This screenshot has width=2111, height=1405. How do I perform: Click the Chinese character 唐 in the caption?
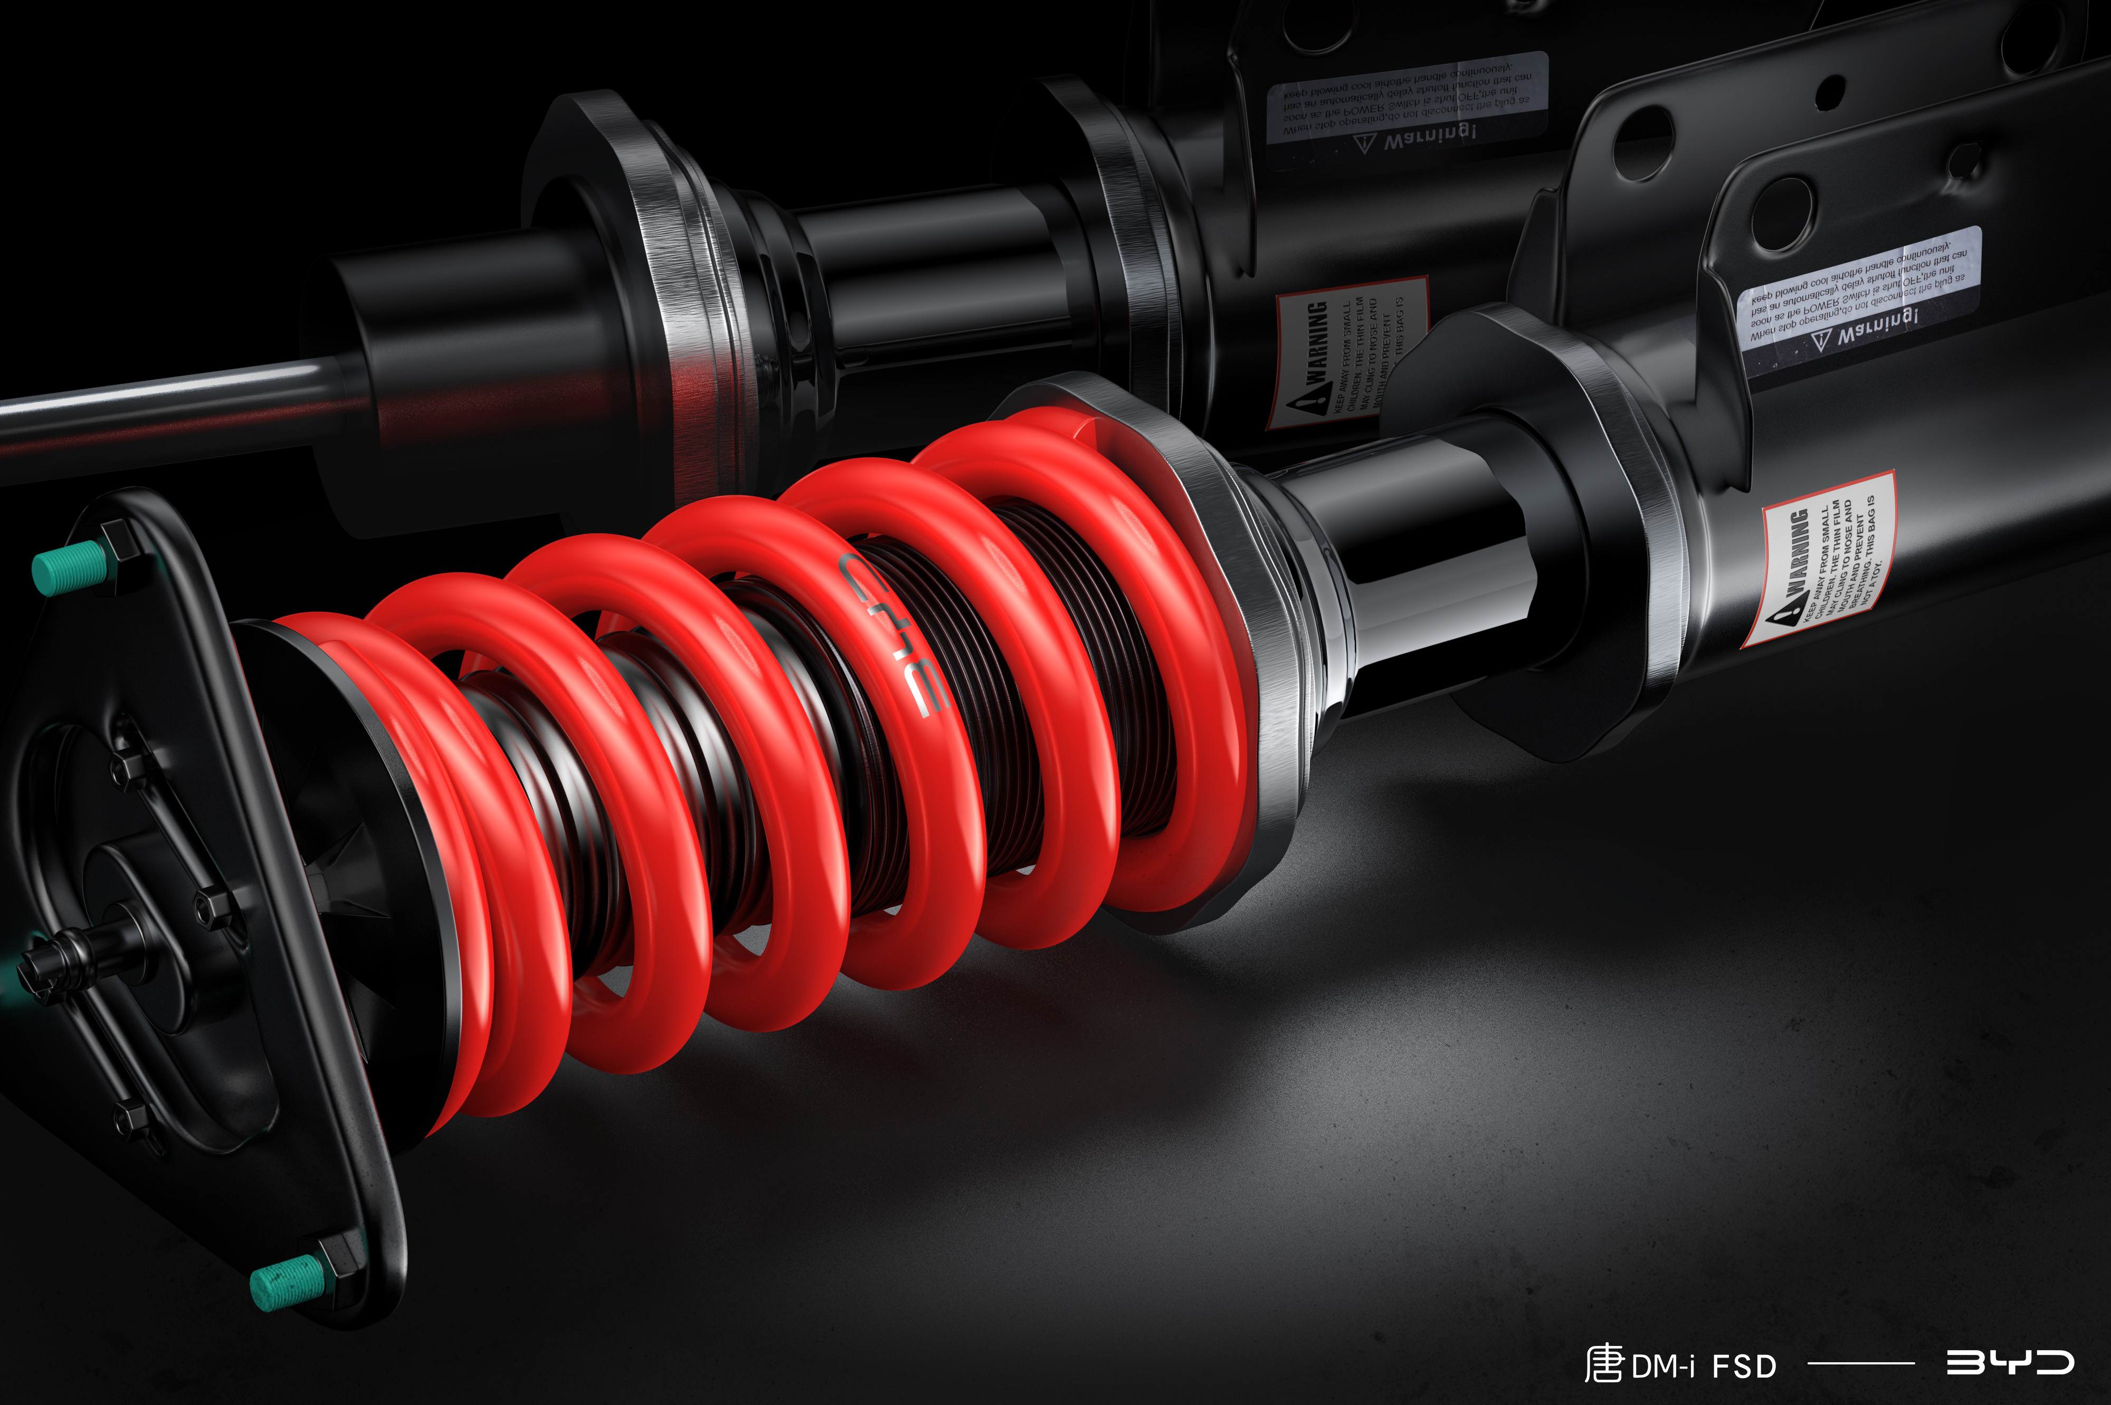pyautogui.click(x=1604, y=1364)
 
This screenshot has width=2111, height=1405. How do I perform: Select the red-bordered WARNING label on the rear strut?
pyautogui.click(x=1345, y=354)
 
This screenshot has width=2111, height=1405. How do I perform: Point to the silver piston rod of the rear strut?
pyautogui.click(x=161, y=403)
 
